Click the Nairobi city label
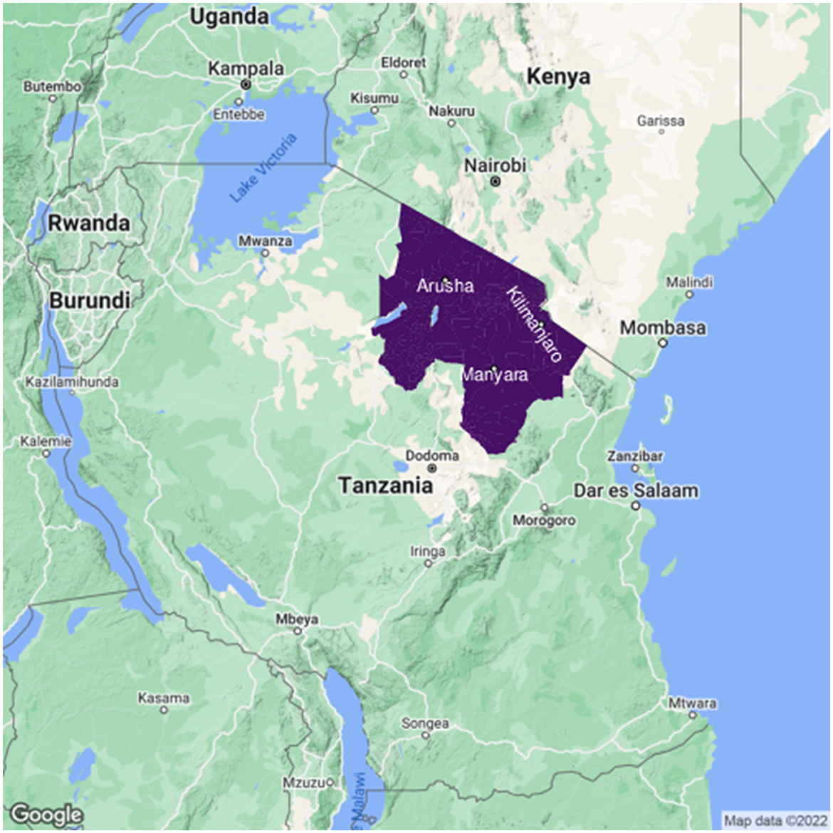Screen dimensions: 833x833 (496, 165)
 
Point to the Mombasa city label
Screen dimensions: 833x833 (663, 328)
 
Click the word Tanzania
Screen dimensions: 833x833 (385, 486)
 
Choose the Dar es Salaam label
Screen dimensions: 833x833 (636, 491)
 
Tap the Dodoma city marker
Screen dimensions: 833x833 (432, 468)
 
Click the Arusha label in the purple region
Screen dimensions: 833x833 (445, 286)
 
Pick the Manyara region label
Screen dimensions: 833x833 (494, 374)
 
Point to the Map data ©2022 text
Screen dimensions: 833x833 (775, 819)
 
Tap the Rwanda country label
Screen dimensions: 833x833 (89, 223)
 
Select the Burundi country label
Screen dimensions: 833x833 (89, 300)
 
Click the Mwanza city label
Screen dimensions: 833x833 (265, 241)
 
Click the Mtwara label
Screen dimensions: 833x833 (692, 703)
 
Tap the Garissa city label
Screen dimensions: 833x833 (661, 120)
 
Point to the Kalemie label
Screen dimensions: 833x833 (46, 441)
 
